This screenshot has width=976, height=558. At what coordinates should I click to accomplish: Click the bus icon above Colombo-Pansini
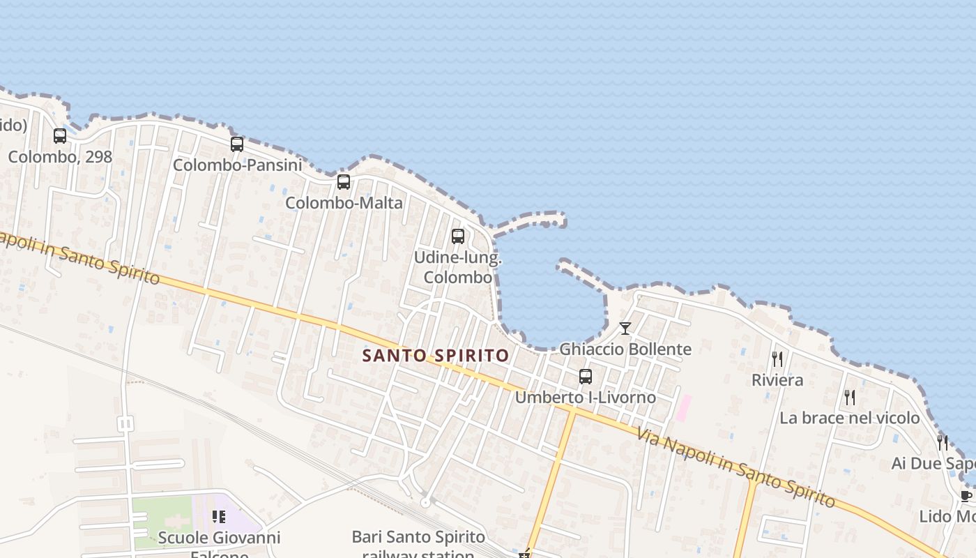tap(237, 144)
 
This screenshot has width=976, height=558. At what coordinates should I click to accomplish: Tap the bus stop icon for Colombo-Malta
tap(344, 182)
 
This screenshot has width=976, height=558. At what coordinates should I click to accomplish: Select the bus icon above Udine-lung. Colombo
tap(457, 236)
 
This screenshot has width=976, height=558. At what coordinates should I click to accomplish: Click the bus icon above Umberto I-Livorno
tap(586, 377)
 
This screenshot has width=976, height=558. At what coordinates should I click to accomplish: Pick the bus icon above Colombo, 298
tap(60, 136)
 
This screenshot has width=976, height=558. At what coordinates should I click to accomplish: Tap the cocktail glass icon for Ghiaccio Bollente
tap(625, 329)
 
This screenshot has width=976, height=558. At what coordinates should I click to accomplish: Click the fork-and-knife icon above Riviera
tap(777, 359)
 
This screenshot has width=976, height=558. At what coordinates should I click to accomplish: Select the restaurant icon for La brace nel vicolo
tap(850, 398)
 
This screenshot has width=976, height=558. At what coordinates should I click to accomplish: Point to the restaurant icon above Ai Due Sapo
tap(943, 442)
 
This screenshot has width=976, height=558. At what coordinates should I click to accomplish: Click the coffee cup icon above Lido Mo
tap(966, 497)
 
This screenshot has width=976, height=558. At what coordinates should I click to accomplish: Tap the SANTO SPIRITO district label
tap(436, 356)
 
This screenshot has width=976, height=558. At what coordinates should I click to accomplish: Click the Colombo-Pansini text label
tap(238, 165)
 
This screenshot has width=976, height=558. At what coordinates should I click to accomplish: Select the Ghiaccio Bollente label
tap(625, 349)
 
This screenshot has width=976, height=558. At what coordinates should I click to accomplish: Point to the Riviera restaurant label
tap(777, 380)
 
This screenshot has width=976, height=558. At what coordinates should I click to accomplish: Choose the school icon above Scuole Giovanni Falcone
tap(219, 517)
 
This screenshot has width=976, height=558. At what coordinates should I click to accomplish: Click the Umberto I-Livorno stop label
tap(586, 398)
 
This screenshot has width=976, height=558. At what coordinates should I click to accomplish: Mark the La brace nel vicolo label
tap(850, 418)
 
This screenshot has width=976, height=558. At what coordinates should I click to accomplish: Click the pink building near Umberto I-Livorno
tap(684, 408)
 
